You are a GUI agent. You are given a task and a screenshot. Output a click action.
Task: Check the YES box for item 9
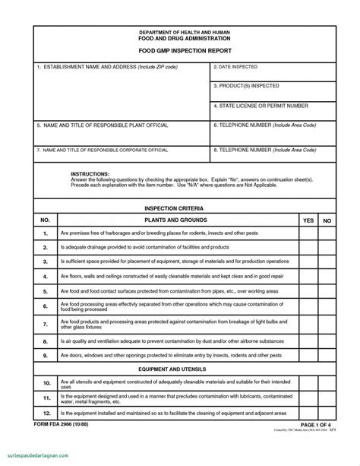(308, 355)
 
